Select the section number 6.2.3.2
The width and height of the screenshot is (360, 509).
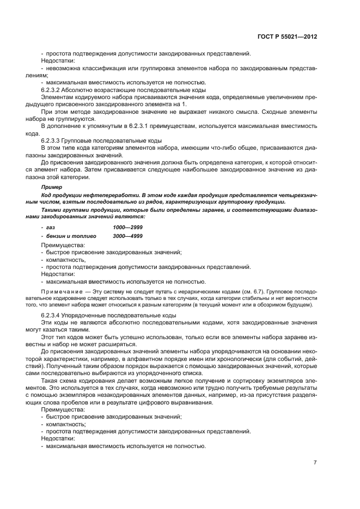tap(53, 89)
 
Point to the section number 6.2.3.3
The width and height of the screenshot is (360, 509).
tap(53, 140)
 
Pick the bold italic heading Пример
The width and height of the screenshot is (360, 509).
tap(52, 187)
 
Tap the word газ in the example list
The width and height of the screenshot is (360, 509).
tap(51, 226)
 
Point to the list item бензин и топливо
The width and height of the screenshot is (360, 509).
tap(71, 236)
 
